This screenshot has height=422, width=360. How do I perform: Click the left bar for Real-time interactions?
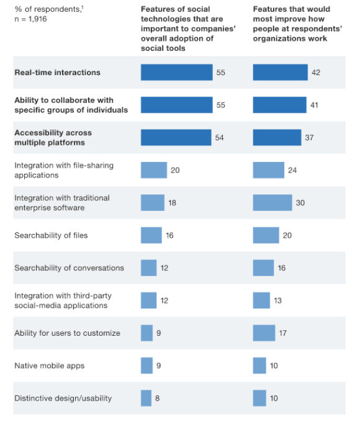tap(176, 73)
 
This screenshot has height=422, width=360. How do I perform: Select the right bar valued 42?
tap(280, 73)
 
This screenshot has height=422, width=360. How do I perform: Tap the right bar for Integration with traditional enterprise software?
tap(272, 203)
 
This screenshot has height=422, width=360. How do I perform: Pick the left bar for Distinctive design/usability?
tap(146, 398)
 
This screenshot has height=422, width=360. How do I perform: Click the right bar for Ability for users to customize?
tap(264, 333)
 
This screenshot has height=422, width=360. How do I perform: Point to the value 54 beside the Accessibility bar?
tap(219, 138)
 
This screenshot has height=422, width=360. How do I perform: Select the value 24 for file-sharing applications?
tap(292, 170)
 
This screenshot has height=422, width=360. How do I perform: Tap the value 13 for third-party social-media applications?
tap(277, 300)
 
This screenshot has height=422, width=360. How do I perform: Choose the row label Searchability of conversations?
tap(69, 268)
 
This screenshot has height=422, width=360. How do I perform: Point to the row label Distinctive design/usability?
tap(63, 398)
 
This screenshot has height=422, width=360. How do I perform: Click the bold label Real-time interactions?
tap(57, 73)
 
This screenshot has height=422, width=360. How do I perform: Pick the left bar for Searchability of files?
tap(151, 235)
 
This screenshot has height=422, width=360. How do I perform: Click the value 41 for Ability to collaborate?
tap(314, 105)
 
